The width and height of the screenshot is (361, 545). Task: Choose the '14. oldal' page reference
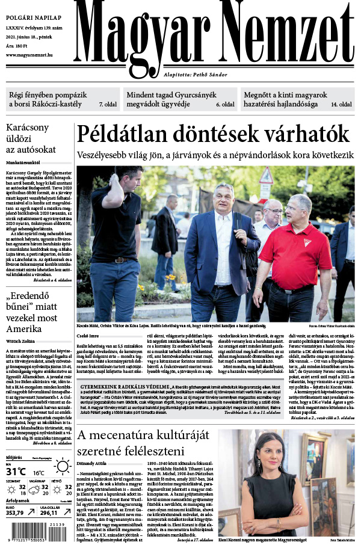click(341, 105)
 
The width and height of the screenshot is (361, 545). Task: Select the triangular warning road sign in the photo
click(266, 176)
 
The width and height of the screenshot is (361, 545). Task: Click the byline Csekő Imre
click(87, 335)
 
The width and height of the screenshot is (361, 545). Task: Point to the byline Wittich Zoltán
click(21, 339)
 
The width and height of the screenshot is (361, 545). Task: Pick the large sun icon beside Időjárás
click(61, 466)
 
